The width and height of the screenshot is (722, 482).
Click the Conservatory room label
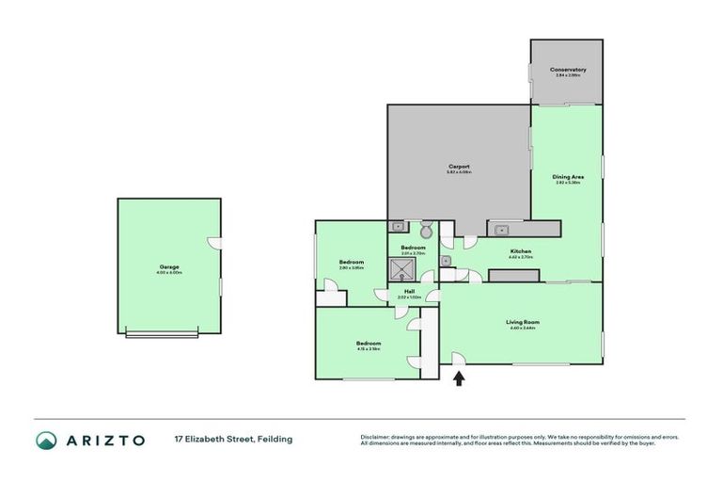pos(568,70)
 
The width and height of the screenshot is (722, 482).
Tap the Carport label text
pos(459,167)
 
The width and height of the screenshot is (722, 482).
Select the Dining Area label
pos(567,176)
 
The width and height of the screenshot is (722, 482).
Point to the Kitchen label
pos(521,251)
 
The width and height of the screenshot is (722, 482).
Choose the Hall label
pos(410,291)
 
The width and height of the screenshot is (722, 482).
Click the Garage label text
pos(169,266)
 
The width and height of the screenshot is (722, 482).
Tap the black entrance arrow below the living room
pos(459,378)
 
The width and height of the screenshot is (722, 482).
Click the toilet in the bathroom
pos(426,230)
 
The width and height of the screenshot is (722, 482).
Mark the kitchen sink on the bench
pos(500,228)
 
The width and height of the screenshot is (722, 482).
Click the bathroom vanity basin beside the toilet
pos(398,227)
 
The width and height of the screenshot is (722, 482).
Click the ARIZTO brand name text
pos(104,440)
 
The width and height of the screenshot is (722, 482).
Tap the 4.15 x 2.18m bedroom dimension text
pos(368,349)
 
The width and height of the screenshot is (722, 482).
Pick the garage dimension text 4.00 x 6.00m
pos(169,273)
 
